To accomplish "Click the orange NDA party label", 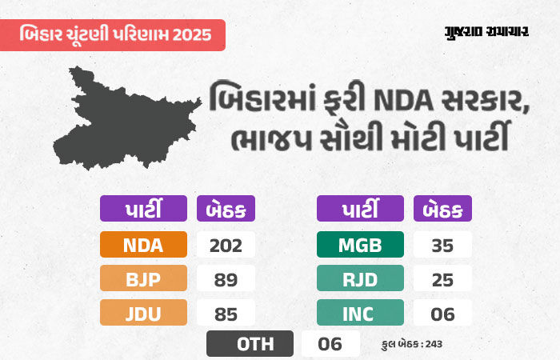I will point(143,245).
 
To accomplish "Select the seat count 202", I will point(226,245).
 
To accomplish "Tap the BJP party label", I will point(143,278).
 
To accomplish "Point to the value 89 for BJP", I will point(226,278).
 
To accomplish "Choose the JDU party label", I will point(143,312).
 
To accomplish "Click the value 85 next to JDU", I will point(226,312).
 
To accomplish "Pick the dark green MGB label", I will point(360,245).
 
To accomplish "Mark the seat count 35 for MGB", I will point(442,245).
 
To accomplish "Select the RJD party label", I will point(360,278).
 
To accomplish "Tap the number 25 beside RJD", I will point(442,278).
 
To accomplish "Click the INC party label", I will point(360,312).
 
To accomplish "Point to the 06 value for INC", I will point(442,312).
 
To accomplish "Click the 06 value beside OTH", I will point(330,344).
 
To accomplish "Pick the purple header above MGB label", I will point(360,210).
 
